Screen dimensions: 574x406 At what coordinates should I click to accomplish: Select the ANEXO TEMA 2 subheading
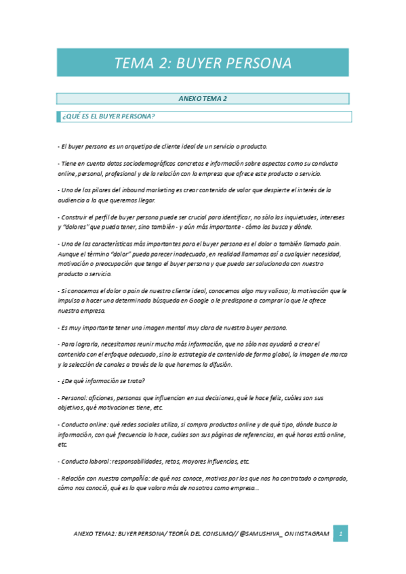point(203,98)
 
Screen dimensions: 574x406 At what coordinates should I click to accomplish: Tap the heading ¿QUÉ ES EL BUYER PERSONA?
point(109,116)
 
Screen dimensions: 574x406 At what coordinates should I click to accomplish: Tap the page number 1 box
point(342,534)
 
